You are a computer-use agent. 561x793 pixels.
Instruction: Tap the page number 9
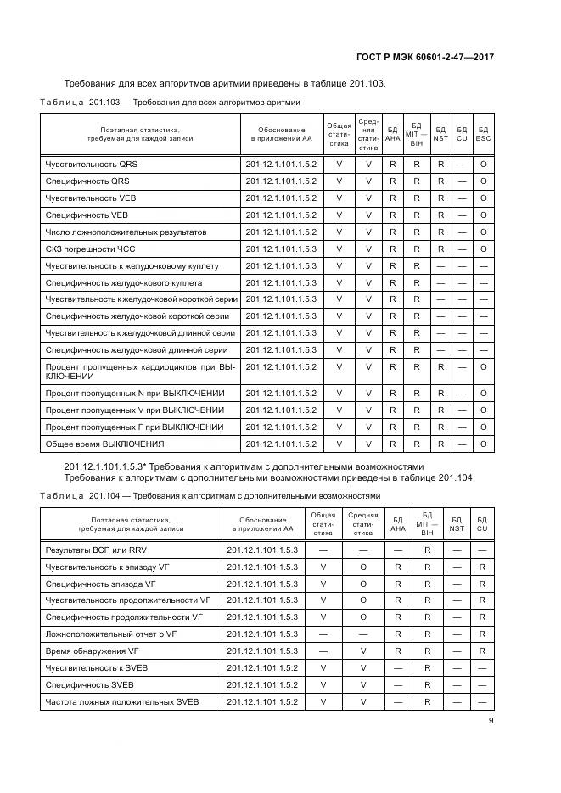point(491,722)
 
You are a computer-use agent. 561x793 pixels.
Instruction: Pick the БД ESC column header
point(483,133)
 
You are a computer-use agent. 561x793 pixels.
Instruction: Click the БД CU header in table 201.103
point(462,133)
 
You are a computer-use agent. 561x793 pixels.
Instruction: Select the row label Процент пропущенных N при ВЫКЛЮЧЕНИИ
point(135,393)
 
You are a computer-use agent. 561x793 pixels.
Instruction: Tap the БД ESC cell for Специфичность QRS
point(483,181)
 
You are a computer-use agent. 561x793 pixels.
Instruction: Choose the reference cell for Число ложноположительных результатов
point(280,232)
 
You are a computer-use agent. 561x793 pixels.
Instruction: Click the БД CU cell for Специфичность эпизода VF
point(481,584)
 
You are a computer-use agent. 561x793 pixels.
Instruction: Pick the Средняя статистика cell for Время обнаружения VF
point(362,651)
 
